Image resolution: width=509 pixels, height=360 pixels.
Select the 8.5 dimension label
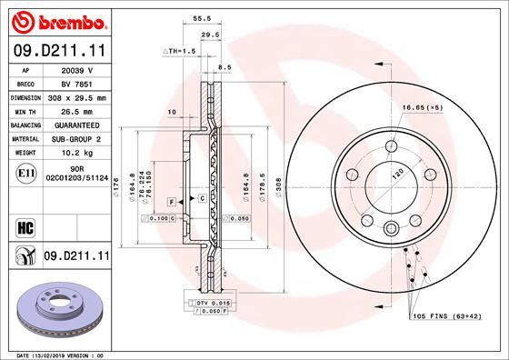pos(225,67)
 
